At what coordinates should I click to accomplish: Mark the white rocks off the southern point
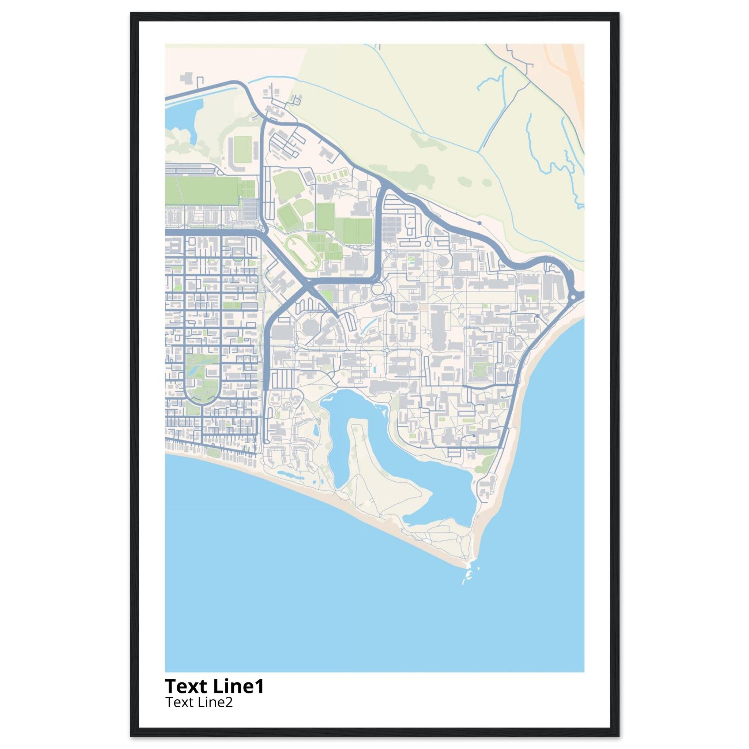click(468, 581)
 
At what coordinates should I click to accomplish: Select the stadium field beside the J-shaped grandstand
click(242, 149)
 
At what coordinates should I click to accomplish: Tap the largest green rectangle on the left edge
click(207, 190)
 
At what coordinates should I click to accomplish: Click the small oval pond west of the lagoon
click(317, 429)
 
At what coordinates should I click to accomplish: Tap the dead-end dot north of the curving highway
click(479, 223)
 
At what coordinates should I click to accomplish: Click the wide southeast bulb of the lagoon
click(442, 489)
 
